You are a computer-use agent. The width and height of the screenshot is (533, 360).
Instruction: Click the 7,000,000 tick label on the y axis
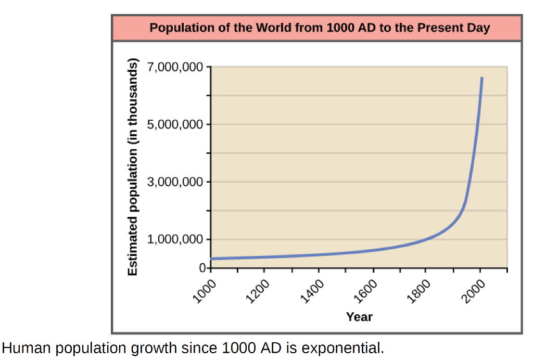point(175,68)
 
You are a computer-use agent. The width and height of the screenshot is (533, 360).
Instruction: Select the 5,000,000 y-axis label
point(175,125)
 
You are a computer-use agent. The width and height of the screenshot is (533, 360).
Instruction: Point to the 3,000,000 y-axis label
point(175,182)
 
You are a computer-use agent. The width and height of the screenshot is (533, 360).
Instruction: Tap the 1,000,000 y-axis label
point(175,240)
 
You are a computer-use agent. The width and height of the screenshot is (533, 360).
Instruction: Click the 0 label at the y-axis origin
point(202,268)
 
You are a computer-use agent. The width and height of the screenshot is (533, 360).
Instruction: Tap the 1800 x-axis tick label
point(420,290)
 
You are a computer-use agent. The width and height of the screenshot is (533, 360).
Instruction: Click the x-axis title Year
point(359,316)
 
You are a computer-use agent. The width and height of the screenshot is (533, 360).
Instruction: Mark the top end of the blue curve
point(481,79)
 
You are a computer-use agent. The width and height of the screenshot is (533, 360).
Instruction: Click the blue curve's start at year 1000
point(211,259)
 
